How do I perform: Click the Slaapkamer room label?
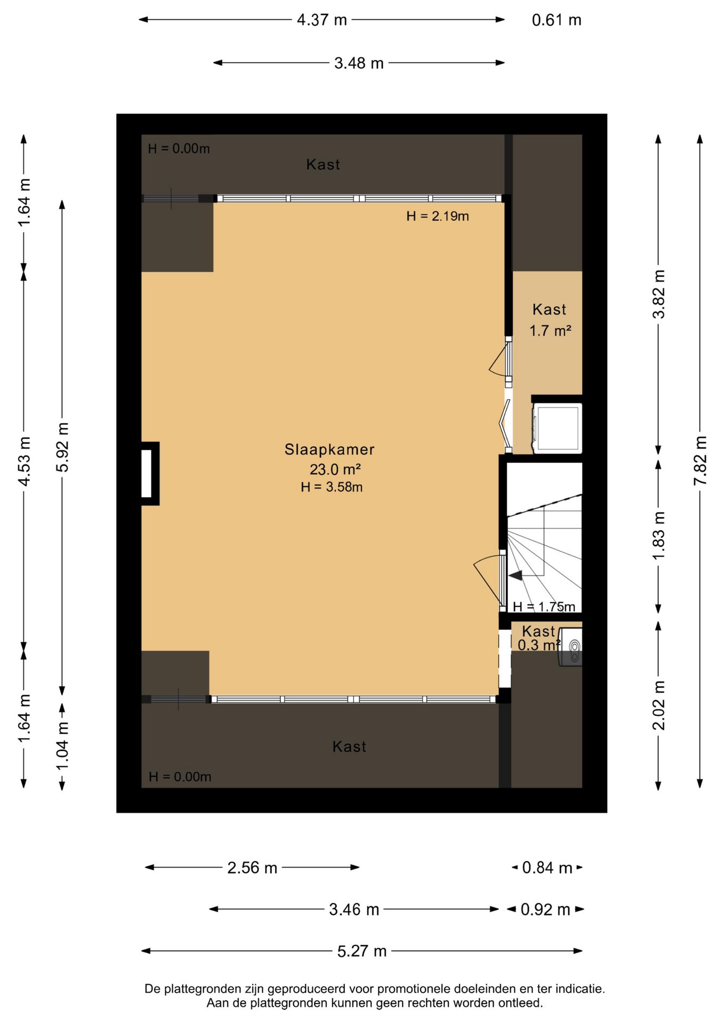point(329,449)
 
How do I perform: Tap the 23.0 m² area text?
point(335,469)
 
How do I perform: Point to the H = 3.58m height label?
point(332,487)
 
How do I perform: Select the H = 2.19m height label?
point(438,216)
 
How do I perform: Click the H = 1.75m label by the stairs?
point(544,606)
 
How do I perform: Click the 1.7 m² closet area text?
point(550,331)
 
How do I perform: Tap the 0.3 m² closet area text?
point(539,645)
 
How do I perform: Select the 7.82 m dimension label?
point(700,460)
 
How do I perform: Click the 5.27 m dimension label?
point(362,951)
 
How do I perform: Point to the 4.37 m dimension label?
point(322,20)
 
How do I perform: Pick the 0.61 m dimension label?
point(557,20)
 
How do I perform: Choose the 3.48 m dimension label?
point(359,63)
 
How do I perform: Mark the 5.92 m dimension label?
point(62,447)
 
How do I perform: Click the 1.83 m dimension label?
point(659,535)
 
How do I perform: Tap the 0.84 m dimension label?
point(547,868)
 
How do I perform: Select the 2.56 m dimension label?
point(252,868)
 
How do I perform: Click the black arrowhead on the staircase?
point(515,575)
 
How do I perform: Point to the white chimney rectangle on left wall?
point(147,473)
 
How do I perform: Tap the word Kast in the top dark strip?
point(323,164)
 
